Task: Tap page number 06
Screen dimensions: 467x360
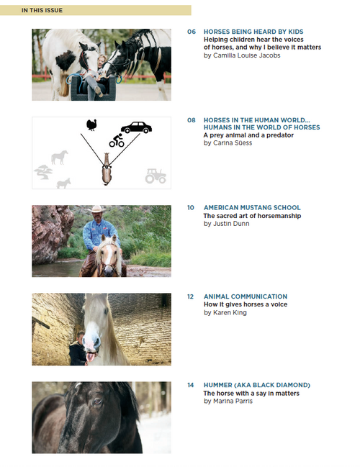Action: tap(192, 32)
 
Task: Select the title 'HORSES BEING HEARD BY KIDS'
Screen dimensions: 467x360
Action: tap(253, 32)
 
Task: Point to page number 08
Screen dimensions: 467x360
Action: tap(192, 120)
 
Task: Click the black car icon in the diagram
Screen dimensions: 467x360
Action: tap(136, 127)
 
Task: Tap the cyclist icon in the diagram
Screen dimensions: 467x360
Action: tap(116, 140)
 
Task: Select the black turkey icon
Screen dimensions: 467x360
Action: tap(91, 125)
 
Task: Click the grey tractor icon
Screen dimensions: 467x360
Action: tap(155, 175)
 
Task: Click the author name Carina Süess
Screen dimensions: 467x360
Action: tap(230, 143)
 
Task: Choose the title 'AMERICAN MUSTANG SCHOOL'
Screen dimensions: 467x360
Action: tap(252, 208)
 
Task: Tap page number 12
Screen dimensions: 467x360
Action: tap(192, 296)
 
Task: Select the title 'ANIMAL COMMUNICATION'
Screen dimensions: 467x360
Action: tap(246, 296)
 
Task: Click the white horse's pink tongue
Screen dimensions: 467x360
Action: tap(90, 355)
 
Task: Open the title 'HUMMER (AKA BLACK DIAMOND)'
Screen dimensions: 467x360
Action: tap(257, 385)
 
